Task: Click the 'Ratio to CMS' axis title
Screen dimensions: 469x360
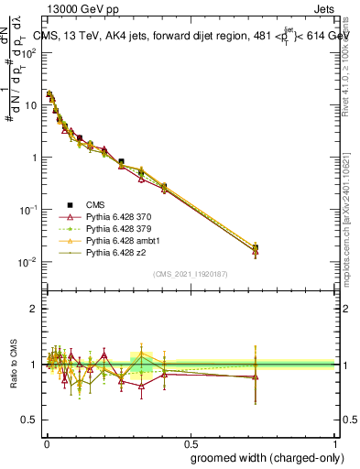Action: click(11, 365)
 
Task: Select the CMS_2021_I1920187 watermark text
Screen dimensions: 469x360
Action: click(190, 274)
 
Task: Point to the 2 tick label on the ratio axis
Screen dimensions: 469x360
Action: click(34, 309)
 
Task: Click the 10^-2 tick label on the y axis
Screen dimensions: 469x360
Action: click(27, 262)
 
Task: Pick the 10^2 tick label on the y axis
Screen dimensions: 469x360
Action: click(27, 52)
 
